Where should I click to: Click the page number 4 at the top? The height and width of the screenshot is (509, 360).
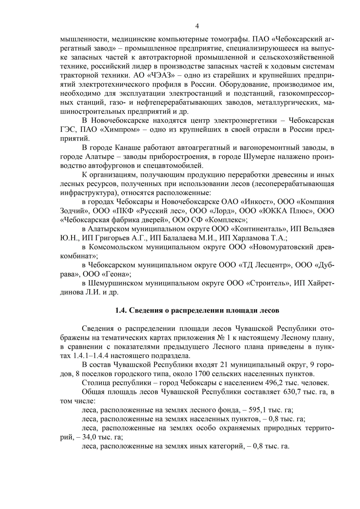(197, 26)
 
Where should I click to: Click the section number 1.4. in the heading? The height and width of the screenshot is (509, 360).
(121, 310)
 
